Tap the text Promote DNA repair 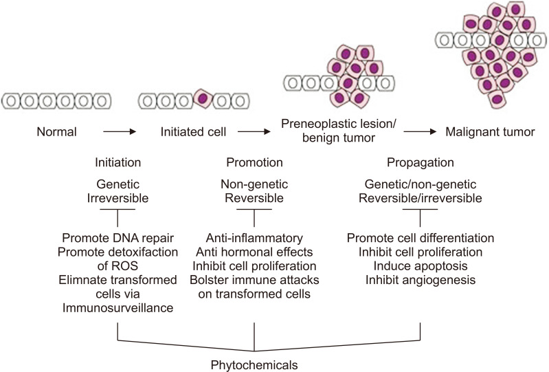119,237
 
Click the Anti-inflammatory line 256,237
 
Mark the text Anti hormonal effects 256,251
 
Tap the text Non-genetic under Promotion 256,184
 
